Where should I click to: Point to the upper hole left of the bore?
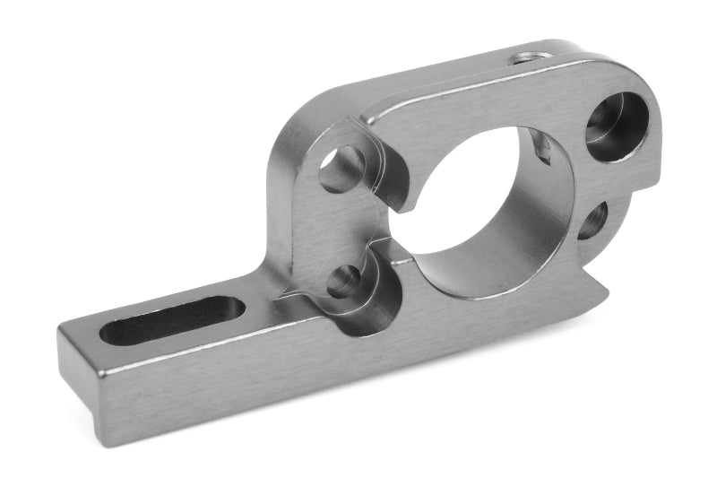tap(341, 169)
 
